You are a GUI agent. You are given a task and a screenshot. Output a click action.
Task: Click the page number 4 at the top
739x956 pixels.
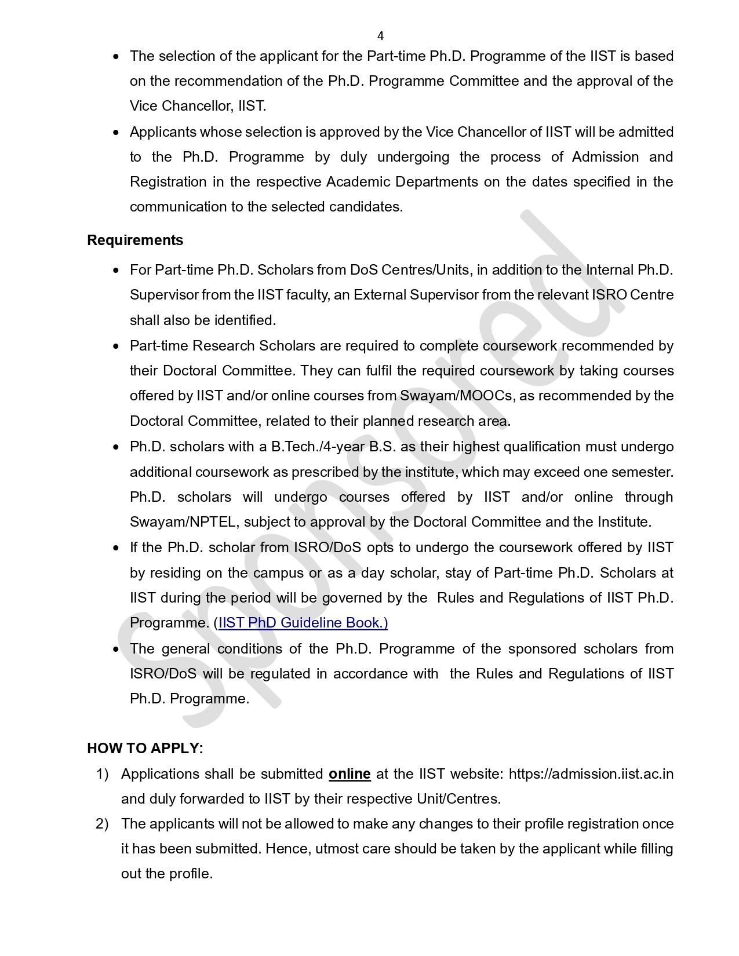click(380, 36)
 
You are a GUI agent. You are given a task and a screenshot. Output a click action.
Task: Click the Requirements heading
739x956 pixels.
click(135, 240)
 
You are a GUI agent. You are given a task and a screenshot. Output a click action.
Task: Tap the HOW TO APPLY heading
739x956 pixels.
click(145, 749)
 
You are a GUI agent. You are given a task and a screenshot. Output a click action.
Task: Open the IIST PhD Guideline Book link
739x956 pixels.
click(303, 623)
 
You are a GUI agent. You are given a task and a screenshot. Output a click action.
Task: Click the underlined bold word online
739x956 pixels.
click(350, 774)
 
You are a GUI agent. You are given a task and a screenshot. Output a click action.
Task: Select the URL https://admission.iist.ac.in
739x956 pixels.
click(591, 774)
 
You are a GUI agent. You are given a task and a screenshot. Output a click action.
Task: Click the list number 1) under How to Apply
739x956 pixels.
click(102, 774)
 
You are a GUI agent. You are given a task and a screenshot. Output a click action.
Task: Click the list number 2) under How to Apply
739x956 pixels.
click(102, 824)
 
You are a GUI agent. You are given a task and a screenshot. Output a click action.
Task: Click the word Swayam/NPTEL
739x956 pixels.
click(183, 522)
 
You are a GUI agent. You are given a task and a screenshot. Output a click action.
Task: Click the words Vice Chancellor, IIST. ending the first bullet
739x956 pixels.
click(198, 106)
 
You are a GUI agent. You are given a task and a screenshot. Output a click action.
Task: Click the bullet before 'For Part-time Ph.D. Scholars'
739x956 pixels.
click(117, 271)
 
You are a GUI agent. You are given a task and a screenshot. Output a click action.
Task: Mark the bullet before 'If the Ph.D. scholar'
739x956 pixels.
click(117, 548)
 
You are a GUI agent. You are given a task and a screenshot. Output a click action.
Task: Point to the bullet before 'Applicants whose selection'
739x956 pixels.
click(117, 133)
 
